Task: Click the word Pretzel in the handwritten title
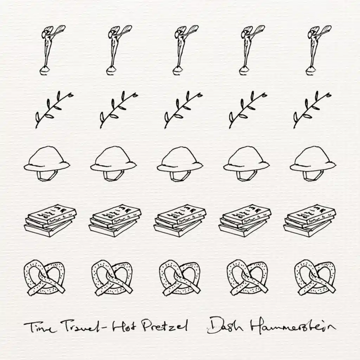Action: pos(165,326)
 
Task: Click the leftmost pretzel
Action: pos(45,278)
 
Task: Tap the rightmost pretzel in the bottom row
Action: pos(315,278)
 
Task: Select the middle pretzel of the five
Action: pos(180,278)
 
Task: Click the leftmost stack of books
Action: pos(50,220)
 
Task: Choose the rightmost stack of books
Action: pos(310,220)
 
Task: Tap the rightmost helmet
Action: pos(313,161)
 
